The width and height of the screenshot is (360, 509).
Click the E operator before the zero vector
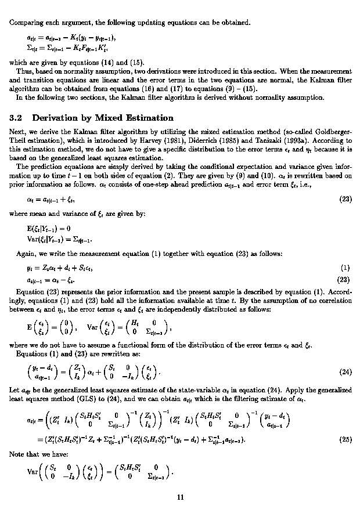pos(21,319)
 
